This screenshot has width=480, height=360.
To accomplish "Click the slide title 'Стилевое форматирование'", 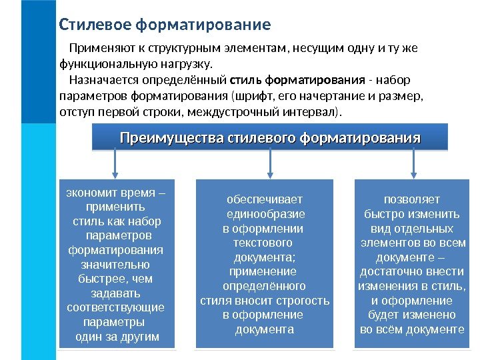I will coord(165,25).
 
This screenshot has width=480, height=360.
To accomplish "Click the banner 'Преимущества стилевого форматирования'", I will coord(270,139).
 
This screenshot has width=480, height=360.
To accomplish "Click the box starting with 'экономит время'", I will coord(117,264).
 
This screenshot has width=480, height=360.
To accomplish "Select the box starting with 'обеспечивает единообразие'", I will coord(264,264).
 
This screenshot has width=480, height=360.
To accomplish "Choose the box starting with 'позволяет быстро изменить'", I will coord(411,264).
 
